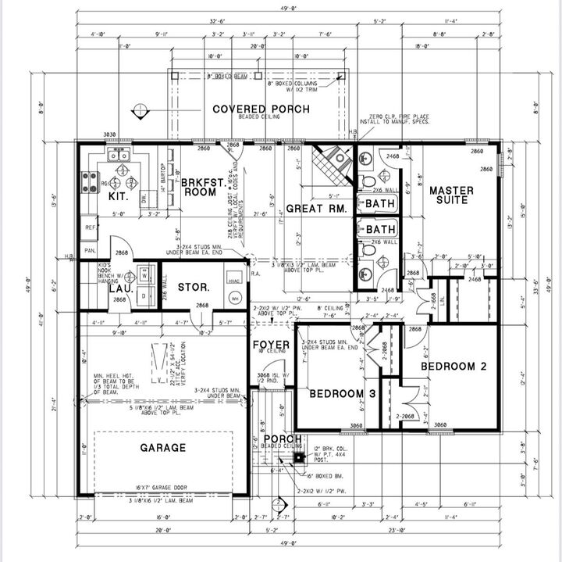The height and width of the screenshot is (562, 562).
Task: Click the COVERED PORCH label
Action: pyautogui.click(x=261, y=109)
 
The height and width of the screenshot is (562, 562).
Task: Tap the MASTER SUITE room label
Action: pyautogui.click(x=449, y=195)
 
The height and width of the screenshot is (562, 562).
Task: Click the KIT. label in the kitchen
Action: pyautogui.click(x=117, y=197)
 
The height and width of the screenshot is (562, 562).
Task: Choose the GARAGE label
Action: pyautogui.click(x=163, y=448)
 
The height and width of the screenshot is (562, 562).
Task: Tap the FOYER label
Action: pyautogui.click(x=271, y=345)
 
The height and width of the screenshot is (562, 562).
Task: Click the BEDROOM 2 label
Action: pyautogui.click(x=453, y=366)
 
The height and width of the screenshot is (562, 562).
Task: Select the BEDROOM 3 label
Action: pyautogui.click(x=343, y=394)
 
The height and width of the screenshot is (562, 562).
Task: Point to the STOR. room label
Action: pyautogui.click(x=193, y=287)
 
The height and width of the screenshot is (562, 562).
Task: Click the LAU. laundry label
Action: pyautogui.click(x=118, y=288)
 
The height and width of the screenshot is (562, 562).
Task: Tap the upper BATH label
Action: pyautogui.click(x=381, y=203)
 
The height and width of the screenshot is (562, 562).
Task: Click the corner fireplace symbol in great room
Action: pyautogui.click(x=333, y=163)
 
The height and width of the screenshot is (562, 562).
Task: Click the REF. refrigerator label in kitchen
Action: pyautogui.click(x=90, y=227)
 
